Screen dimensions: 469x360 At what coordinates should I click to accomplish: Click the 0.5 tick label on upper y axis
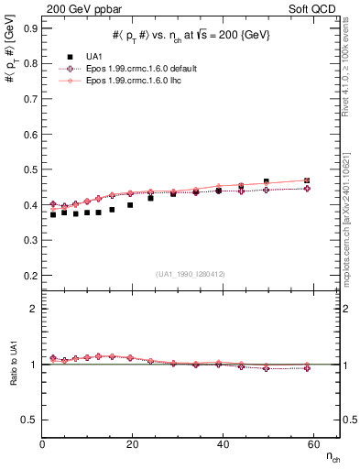29,169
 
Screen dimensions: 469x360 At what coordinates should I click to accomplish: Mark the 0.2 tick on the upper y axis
29,276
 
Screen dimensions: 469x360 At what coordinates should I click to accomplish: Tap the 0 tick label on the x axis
42,444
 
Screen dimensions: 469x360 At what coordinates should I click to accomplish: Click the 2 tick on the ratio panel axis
34,310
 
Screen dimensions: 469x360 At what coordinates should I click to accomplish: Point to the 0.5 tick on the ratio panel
29,420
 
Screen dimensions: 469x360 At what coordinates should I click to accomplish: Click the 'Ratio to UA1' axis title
13,379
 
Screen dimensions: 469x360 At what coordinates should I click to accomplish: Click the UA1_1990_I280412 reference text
191,273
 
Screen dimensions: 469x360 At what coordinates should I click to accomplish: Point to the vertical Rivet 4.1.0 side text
351,73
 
